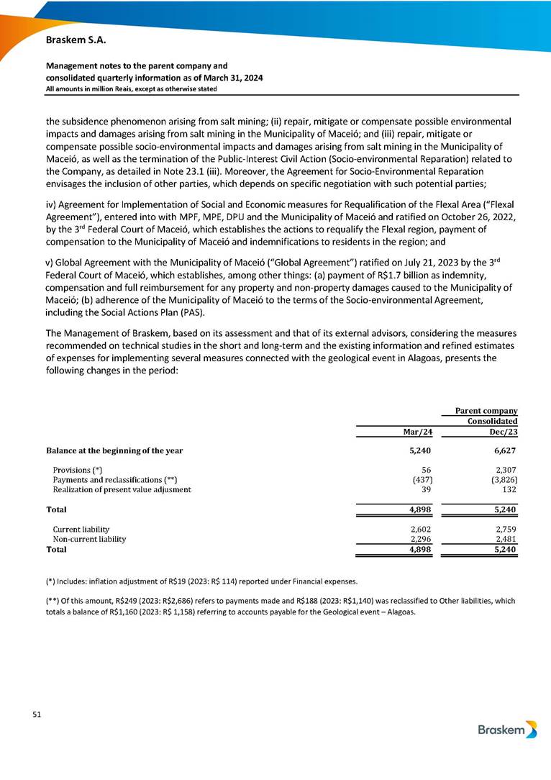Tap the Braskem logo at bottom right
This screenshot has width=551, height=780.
click(x=507, y=730)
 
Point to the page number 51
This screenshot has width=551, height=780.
click(x=37, y=715)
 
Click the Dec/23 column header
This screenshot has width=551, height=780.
click(x=504, y=432)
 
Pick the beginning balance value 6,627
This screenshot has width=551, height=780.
click(x=505, y=450)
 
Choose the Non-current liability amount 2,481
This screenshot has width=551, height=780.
click(x=506, y=538)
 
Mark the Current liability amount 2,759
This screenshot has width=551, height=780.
click(x=506, y=528)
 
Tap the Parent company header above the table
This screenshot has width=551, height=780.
click(x=487, y=411)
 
